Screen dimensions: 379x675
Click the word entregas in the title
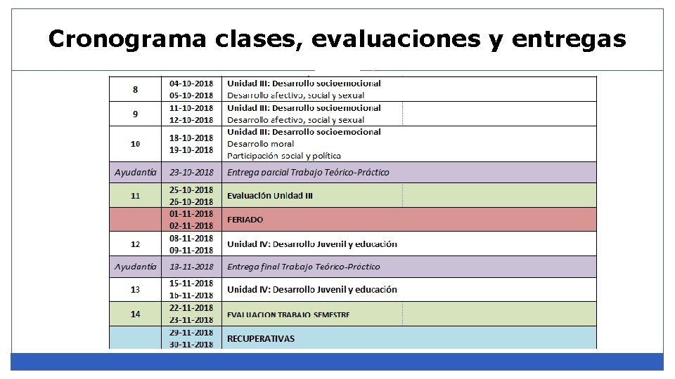coord(570,39)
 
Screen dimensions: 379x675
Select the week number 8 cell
coord(135,89)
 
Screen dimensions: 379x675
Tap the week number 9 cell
coord(135,114)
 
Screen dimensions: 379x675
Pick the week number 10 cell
coord(135,144)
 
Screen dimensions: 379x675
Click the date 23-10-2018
coord(191,172)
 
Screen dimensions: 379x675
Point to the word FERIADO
coord(245,220)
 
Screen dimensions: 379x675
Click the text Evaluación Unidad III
coord(270,195)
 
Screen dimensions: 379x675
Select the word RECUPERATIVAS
coord(261,338)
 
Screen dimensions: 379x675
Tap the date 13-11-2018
coord(191,267)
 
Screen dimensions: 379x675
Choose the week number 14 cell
coord(135,314)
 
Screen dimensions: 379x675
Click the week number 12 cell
coord(135,244)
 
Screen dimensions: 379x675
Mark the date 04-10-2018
coord(191,83)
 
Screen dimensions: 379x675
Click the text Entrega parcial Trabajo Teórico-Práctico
coord(307,172)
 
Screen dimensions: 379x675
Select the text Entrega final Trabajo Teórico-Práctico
coord(303,267)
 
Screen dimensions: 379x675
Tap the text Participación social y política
coord(283,155)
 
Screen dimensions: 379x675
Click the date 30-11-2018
coord(191,344)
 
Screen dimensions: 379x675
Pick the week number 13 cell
coord(135,289)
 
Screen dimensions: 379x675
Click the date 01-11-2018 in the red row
coord(191,213)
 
